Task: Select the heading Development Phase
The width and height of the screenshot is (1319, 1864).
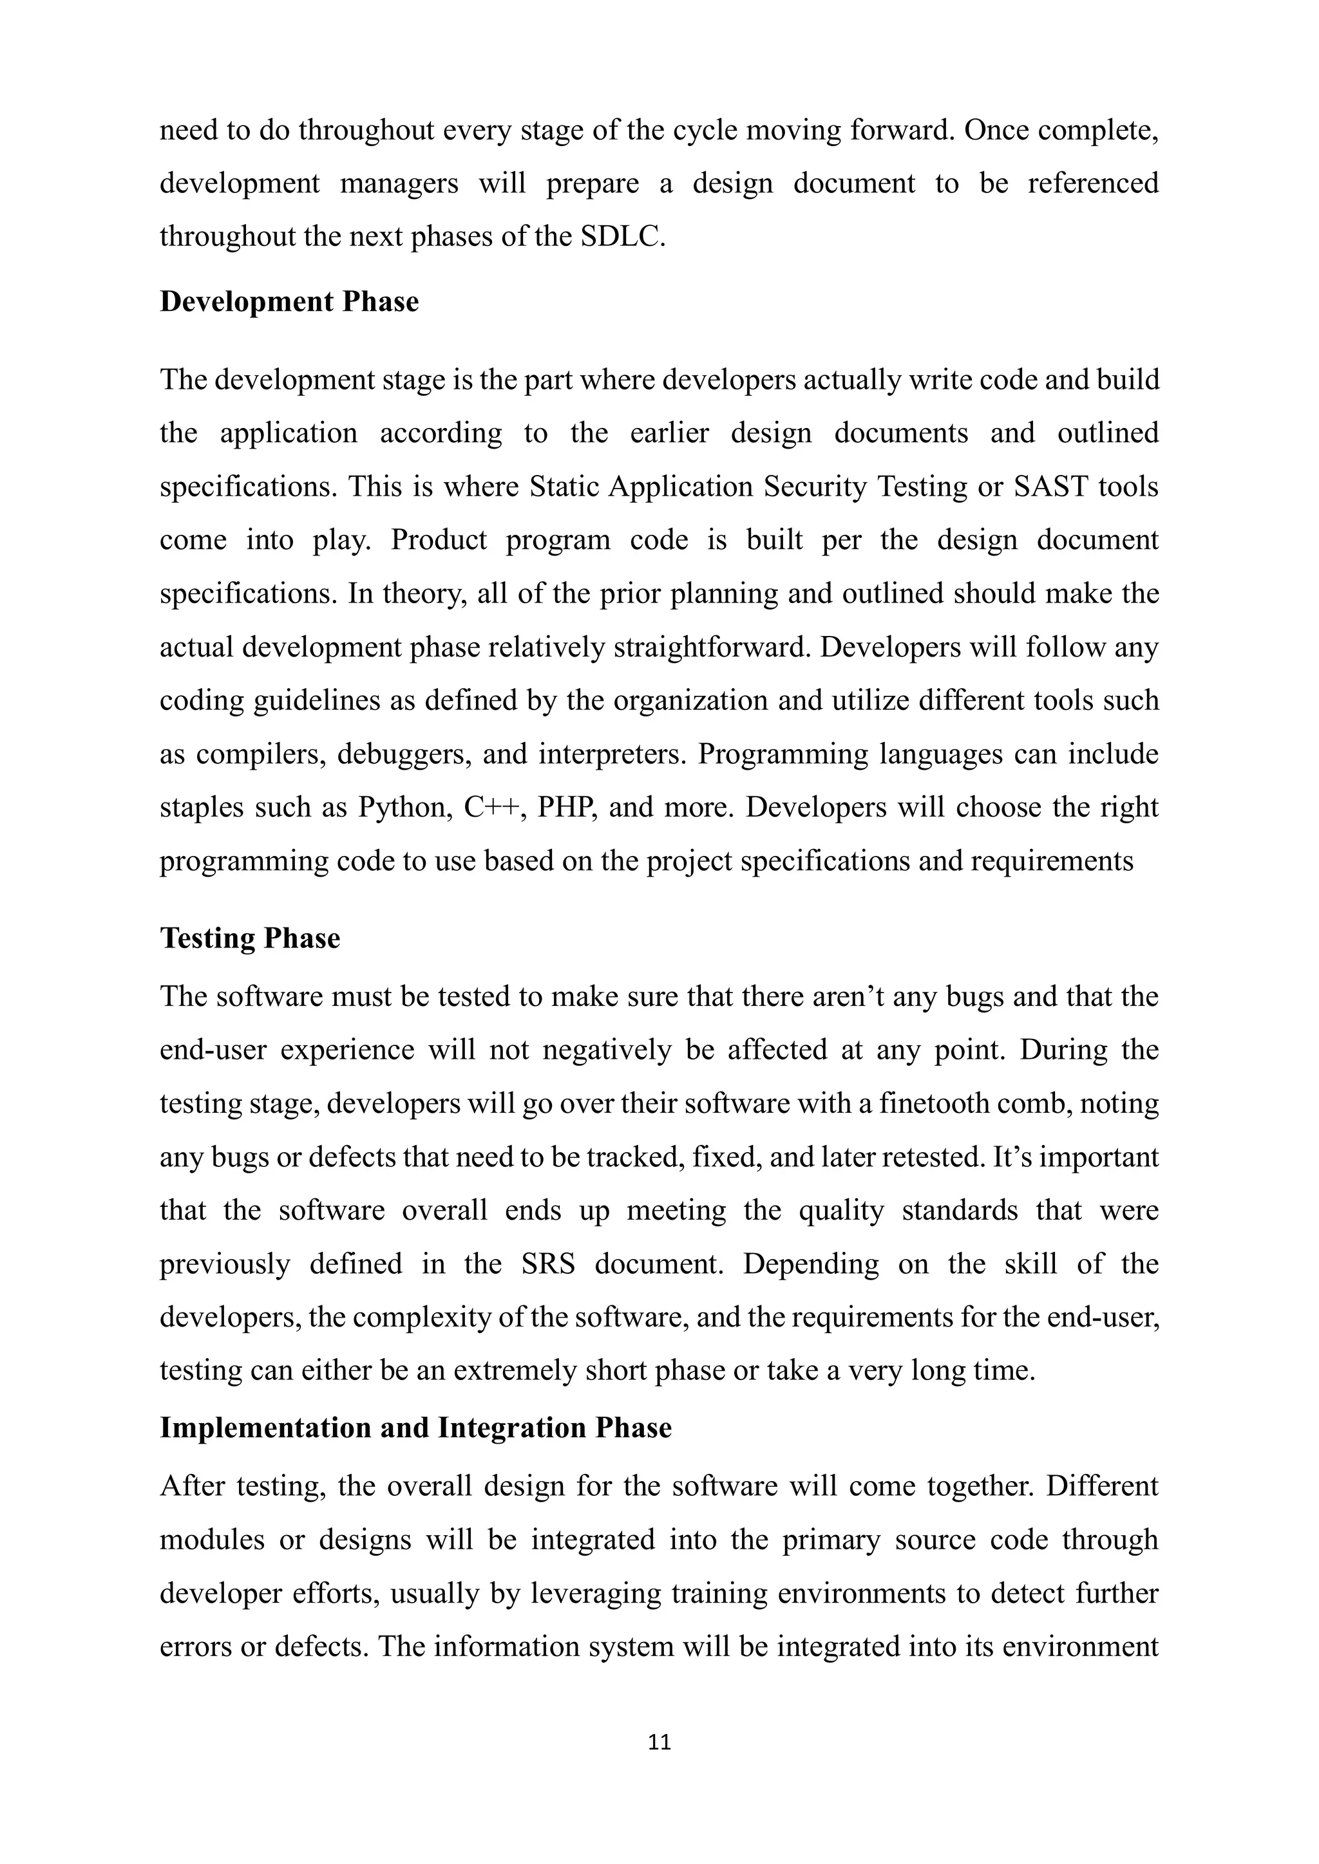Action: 289,301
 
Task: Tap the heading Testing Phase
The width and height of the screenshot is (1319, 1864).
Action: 250,938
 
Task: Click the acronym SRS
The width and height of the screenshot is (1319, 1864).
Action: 548,1264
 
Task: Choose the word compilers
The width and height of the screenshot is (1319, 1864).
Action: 260,755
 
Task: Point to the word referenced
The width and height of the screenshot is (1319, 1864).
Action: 1092,183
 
